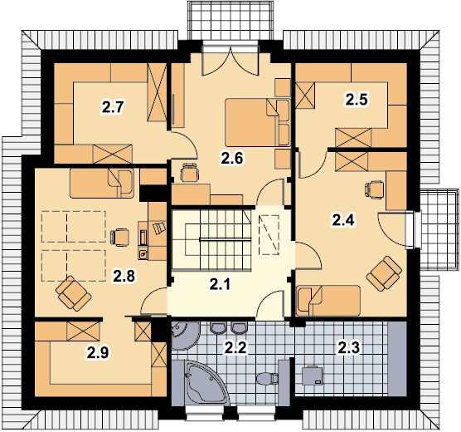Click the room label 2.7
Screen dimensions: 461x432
click(114, 106)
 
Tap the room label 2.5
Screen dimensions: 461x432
click(357, 100)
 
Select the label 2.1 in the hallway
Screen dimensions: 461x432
click(221, 284)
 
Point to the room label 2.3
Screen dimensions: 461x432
click(348, 348)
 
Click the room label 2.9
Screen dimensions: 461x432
click(98, 353)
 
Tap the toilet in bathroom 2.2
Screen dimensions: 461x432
click(267, 378)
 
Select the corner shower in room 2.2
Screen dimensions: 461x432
click(185, 336)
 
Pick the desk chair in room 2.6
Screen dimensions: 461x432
click(189, 173)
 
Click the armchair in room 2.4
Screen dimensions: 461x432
click(384, 273)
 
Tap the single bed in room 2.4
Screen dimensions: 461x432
click(328, 300)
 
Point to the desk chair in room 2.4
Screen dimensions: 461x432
click(374, 189)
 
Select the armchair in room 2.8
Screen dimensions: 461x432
click(74, 293)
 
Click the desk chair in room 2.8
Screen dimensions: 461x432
click(120, 238)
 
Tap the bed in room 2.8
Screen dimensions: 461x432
click(102, 183)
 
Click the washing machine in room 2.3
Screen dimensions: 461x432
click(313, 376)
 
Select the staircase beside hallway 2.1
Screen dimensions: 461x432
click(211, 239)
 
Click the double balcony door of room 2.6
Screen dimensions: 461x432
click(230, 61)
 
